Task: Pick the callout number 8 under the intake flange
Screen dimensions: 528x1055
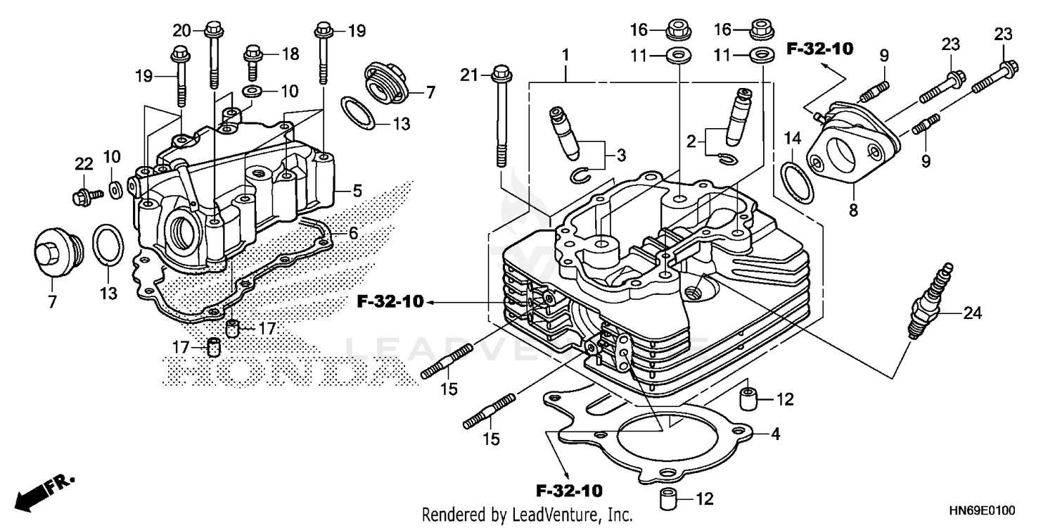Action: [852, 210]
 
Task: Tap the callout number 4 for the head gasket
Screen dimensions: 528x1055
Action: [775, 434]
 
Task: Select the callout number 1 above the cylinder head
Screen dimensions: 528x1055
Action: [565, 54]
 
